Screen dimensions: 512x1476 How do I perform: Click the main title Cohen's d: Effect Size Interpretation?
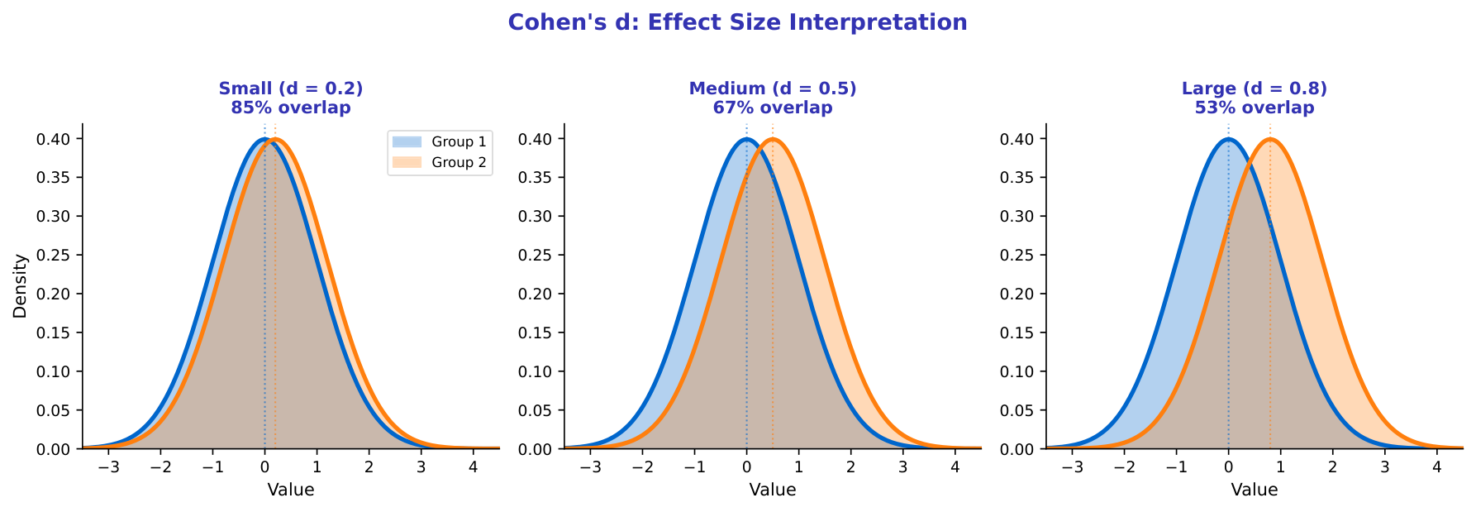[x=737, y=22]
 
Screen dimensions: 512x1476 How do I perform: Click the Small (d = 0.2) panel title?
[x=291, y=89]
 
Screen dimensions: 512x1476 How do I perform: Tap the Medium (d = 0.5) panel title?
[x=773, y=89]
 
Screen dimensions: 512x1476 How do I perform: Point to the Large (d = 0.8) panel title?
[x=1255, y=89]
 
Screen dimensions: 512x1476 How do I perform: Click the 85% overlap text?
[x=291, y=108]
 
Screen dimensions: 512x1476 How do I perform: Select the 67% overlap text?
[x=773, y=108]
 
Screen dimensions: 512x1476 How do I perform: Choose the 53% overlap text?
[x=1255, y=108]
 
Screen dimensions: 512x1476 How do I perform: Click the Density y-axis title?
[x=21, y=286]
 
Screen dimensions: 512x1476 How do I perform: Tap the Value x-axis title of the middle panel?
[x=773, y=490]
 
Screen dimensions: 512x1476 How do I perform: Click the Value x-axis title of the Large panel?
[x=1255, y=490]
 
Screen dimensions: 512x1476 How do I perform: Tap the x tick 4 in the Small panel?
[x=473, y=467]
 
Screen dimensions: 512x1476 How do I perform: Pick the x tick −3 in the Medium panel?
[x=590, y=467]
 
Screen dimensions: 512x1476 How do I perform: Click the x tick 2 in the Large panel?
[x=1332, y=467]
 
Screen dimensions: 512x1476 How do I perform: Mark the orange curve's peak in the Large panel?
[x=1270, y=139]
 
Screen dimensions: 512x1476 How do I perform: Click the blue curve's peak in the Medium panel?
[x=746, y=139]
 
